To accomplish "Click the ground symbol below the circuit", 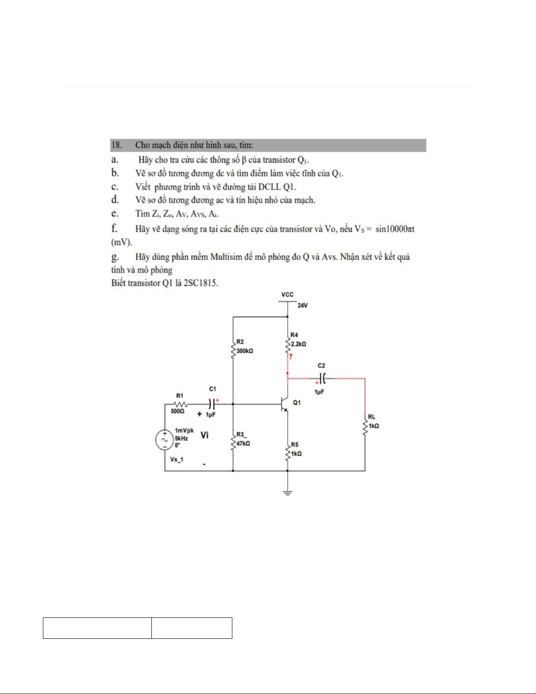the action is coord(287,493).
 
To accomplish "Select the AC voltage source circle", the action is coord(165,440).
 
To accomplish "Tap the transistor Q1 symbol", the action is coord(284,404).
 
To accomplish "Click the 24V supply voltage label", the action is coord(302,306).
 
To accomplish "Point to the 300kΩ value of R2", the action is coord(245,351).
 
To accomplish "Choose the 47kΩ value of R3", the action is coord(243,444).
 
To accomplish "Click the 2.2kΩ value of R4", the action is coord(298,344).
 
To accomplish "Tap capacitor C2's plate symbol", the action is coord(322,378).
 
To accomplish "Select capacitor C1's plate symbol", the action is coord(212,404).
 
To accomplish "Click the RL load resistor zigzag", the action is coord(365,424).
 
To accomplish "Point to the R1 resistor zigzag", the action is coord(180,404).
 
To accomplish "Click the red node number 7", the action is coord(291,357).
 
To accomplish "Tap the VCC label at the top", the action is coord(287,295).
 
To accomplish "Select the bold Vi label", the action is coord(204,435).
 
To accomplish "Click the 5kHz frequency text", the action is coord(181,438).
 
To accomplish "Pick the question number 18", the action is coord(116,145).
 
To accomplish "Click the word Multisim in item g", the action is coord(226,257).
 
